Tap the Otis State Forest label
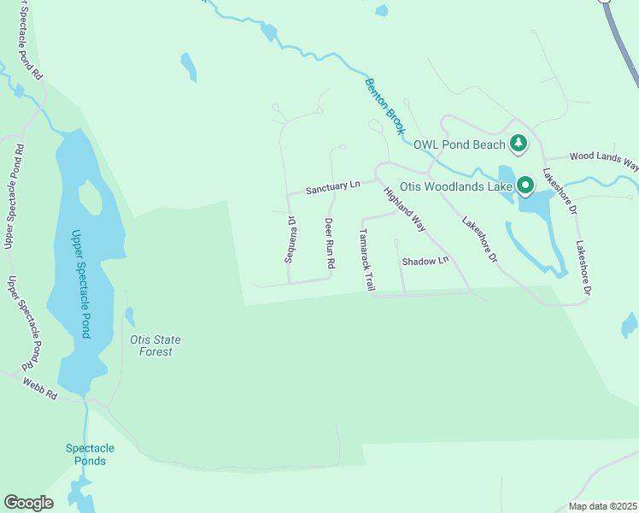[155, 345]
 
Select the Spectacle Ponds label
[90, 455]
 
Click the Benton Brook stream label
[384, 106]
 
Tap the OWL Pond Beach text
[460, 144]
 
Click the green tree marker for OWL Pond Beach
[518, 144]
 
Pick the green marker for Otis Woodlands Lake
[524, 185]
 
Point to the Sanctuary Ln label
[333, 186]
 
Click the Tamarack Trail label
[366, 259]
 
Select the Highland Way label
[404, 209]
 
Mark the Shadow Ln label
[425, 260]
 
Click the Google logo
[28, 503]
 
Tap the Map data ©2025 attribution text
[601, 506]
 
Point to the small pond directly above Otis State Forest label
[129, 316]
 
